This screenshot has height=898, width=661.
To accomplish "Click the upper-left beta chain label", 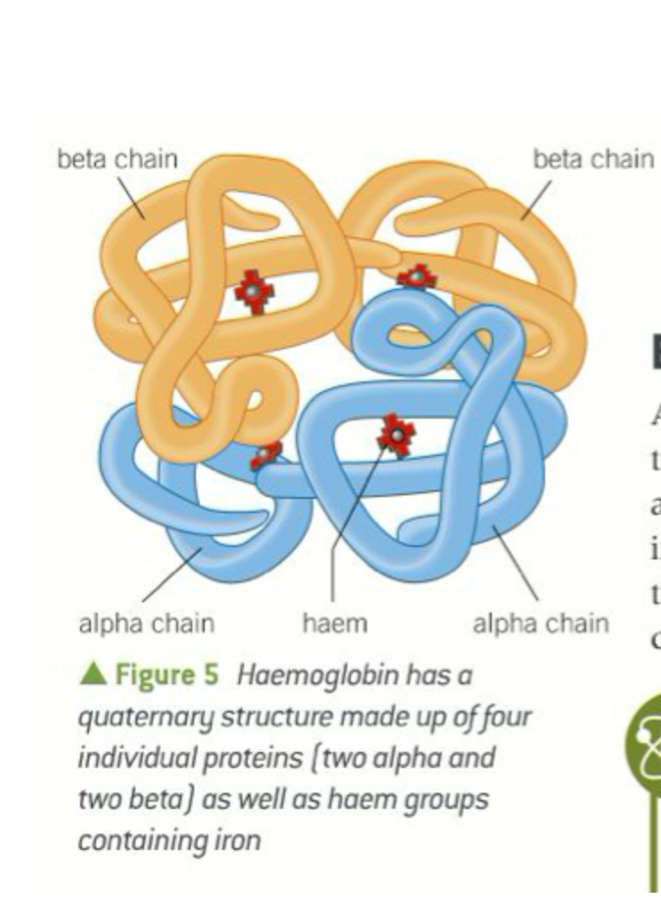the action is pyautogui.click(x=117, y=159).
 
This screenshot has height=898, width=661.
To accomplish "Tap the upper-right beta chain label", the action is pyautogui.click(x=592, y=159).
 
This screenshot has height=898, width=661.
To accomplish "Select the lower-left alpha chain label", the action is pyautogui.click(x=147, y=623).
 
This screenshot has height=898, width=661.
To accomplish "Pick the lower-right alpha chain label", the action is pyautogui.click(x=540, y=623).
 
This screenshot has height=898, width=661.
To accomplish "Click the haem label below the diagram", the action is pyautogui.click(x=334, y=623).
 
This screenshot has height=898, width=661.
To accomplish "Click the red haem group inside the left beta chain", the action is pyautogui.click(x=255, y=291).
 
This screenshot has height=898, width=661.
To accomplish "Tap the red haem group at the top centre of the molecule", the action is pyautogui.click(x=415, y=278).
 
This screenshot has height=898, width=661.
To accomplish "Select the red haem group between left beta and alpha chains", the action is pyautogui.click(x=265, y=456).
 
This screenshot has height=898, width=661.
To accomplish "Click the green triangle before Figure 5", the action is pyautogui.click(x=93, y=674).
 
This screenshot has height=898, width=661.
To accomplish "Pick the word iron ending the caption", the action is pyautogui.click(x=238, y=840).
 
